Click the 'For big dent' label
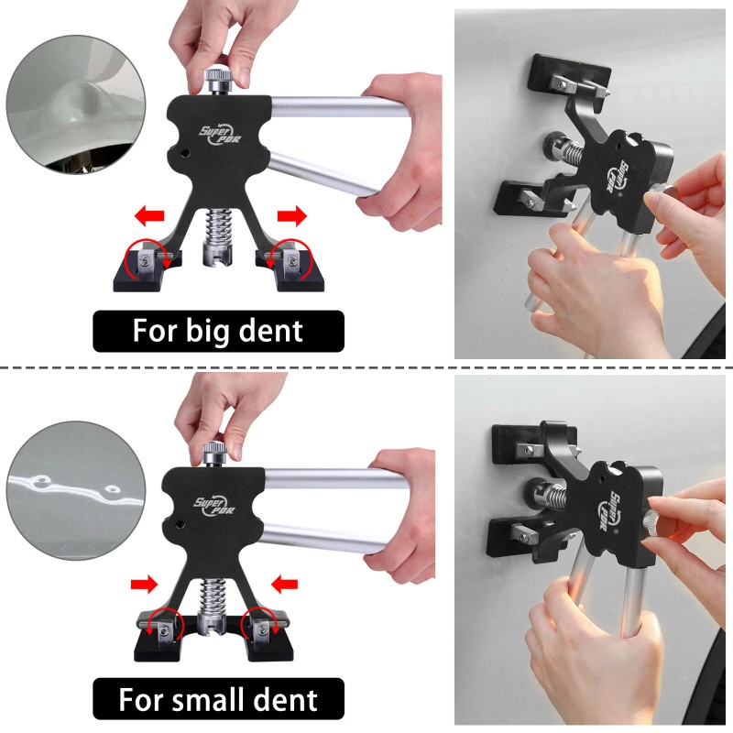pos(218,330)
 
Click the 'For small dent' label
pos(218,700)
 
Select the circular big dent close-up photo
pos(70,104)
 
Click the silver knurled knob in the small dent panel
pos(216,453)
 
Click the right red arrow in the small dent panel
pos(287,582)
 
